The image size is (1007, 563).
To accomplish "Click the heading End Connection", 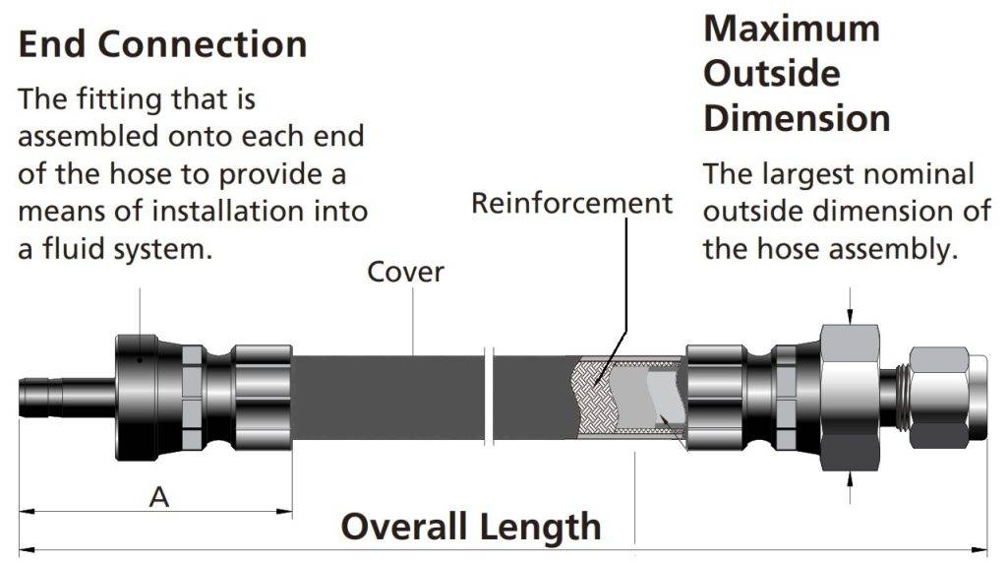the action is pos(162,44).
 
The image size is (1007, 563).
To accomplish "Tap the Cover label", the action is pos(405,273).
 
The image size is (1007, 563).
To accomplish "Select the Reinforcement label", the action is pos(571,203).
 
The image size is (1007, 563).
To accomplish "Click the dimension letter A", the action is pos(159,497).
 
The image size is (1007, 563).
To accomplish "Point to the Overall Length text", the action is pos(471,527).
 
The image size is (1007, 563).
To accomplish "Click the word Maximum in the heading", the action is pos(792,29).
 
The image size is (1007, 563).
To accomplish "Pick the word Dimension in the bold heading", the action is pos(797,119).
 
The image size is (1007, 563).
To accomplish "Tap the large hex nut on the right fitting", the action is pos(850,398).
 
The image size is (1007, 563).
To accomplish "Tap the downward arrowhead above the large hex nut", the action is pos(850,317).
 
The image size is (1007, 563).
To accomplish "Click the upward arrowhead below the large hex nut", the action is pos(850,479).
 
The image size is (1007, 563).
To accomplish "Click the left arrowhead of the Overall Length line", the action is pos(27,550).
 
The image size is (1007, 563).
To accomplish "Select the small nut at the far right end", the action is pos(939,398).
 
